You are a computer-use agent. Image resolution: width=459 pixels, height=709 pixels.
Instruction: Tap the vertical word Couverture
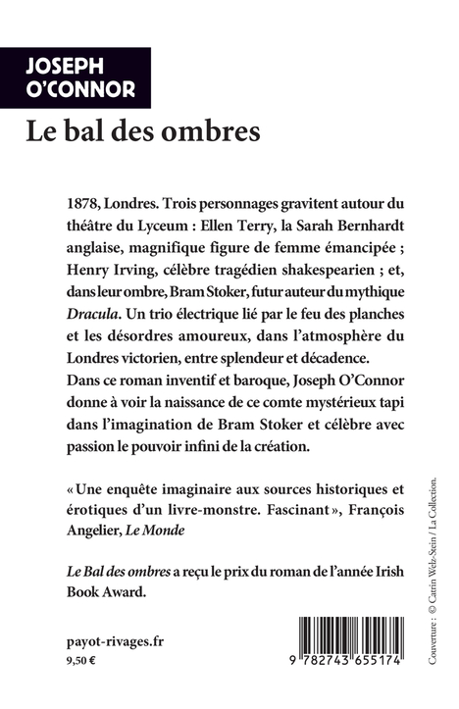coord(433,643)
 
